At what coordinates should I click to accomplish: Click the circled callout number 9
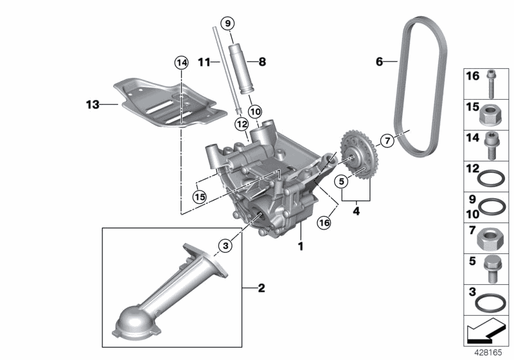[x=228, y=23]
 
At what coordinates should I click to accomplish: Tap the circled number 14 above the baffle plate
[x=182, y=62]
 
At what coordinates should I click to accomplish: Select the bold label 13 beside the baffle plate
[x=93, y=105]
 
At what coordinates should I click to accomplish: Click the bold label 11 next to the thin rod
[x=204, y=62]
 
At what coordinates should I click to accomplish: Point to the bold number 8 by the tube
[x=262, y=62]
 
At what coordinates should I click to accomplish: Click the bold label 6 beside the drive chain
[x=379, y=61]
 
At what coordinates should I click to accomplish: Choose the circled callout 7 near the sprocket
[x=387, y=141]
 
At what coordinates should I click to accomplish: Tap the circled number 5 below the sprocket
[x=342, y=181]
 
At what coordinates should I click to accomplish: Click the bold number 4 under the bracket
[x=357, y=211]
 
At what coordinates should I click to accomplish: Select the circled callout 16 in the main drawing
[x=324, y=223]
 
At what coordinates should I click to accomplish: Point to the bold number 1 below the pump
[x=301, y=246]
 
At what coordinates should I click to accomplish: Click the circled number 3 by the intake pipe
[x=226, y=245]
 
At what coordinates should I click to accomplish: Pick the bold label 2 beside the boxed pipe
[x=261, y=288]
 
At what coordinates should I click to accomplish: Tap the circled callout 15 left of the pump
[x=199, y=197]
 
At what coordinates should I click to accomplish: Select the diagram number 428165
[x=488, y=353]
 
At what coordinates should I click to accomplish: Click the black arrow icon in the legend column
[x=484, y=331]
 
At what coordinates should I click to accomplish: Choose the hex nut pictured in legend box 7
[x=488, y=239]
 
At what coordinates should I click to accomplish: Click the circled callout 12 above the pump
[x=242, y=124]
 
